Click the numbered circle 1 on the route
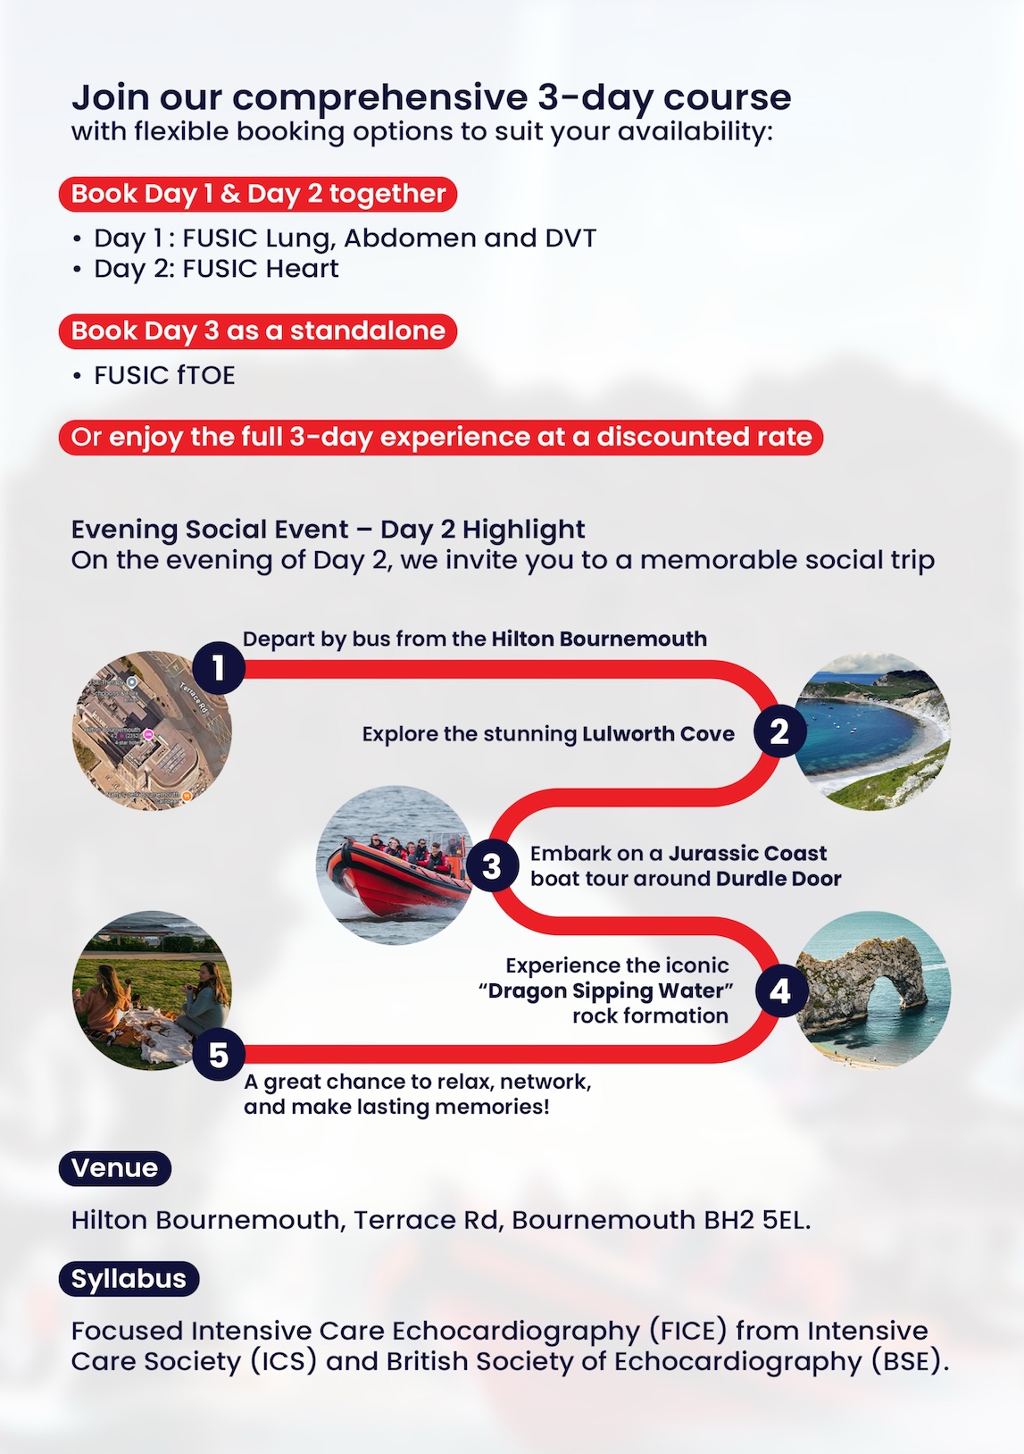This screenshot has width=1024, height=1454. [219, 667]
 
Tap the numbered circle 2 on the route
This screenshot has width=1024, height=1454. [779, 731]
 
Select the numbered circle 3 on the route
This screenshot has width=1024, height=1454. [491, 865]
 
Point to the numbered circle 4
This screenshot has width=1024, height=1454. [779, 990]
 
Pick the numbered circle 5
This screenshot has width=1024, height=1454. [219, 1055]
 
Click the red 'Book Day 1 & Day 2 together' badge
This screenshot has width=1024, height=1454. [258, 194]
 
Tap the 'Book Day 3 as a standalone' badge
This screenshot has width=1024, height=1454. [258, 330]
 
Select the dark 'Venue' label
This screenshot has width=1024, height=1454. [114, 1168]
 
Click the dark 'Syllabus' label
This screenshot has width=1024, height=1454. [129, 1279]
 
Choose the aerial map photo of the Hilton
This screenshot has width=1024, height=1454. [152, 731]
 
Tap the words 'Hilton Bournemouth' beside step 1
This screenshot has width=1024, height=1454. [599, 639]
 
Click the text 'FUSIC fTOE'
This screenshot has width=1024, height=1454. [164, 375]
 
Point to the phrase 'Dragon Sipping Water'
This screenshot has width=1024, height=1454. [610, 991]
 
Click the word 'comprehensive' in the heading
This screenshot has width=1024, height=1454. [380, 97]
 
